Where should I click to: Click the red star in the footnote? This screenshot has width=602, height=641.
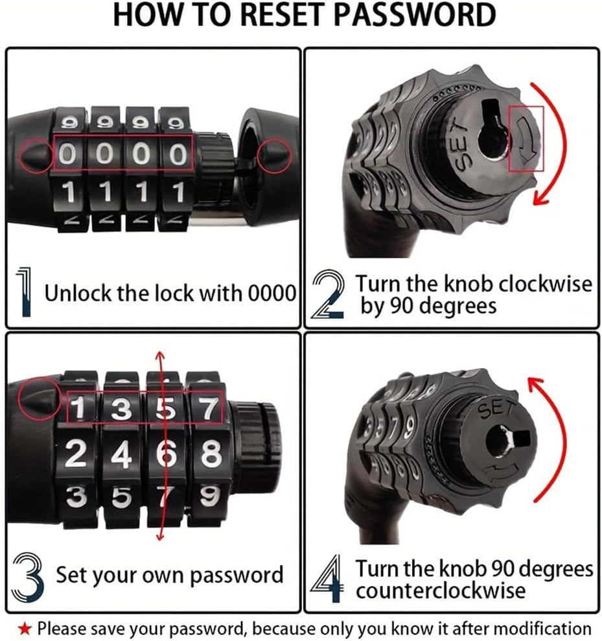click(25, 627)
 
